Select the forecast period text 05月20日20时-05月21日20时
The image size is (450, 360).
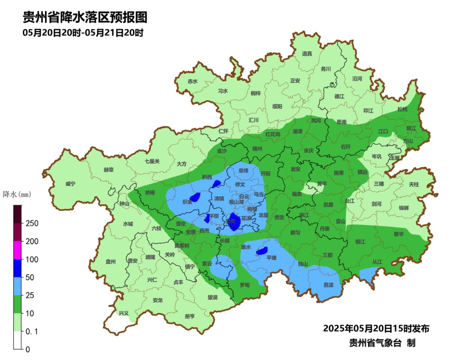(x=83, y=33)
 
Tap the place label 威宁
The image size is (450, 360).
(x=71, y=184)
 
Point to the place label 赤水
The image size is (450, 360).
(x=192, y=82)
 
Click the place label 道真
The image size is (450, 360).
(x=307, y=54)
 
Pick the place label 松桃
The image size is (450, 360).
(x=402, y=109)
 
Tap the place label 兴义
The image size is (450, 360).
(x=124, y=313)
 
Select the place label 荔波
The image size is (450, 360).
(x=328, y=285)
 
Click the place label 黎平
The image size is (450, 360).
(x=399, y=234)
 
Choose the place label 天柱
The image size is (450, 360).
(x=414, y=184)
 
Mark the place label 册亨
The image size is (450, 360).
(x=190, y=316)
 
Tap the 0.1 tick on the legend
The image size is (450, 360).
(x=32, y=331)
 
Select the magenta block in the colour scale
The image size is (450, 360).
(x=17, y=250)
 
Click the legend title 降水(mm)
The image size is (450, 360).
(x=17, y=195)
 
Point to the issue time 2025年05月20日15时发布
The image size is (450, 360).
(x=376, y=329)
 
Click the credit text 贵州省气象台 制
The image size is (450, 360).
(x=382, y=343)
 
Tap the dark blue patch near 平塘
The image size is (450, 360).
(x=262, y=251)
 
